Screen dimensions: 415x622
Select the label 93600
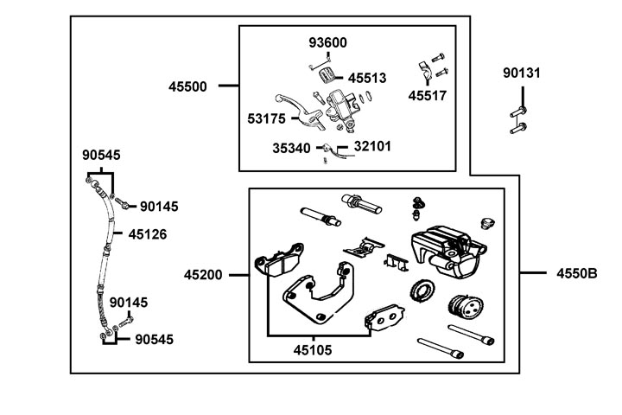click(x=328, y=42)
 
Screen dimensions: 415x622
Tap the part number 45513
click(x=367, y=78)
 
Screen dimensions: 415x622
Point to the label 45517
click(x=428, y=96)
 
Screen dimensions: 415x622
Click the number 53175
click(x=267, y=117)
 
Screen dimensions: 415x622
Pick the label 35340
click(x=291, y=148)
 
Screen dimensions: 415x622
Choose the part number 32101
click(x=372, y=146)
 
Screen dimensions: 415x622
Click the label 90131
click(x=522, y=73)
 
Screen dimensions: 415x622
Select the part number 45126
click(x=147, y=233)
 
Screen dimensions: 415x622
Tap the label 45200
click(x=203, y=275)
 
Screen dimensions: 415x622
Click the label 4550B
click(x=577, y=275)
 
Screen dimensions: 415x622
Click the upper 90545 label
click(x=101, y=156)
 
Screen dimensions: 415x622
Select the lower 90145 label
click(x=130, y=303)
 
